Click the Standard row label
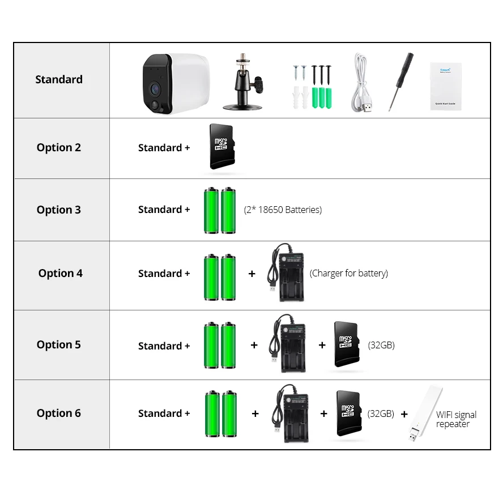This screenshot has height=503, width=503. (59, 79)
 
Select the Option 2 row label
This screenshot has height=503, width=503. (59, 148)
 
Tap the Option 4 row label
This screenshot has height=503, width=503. (61, 274)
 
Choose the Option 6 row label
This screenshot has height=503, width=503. (59, 414)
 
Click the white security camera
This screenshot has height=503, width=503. (175, 83)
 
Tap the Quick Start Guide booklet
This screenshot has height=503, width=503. (446, 86)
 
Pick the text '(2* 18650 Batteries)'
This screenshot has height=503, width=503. (283, 210)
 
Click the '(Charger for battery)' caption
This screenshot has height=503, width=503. (349, 274)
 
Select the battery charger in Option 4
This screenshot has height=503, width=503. (288, 274)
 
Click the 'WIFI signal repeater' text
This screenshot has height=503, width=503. (456, 419)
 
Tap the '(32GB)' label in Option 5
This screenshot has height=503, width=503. (381, 345)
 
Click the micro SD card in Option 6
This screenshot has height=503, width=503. (348, 413)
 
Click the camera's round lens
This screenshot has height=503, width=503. (155, 88)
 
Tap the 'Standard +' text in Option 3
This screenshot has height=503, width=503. (164, 210)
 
